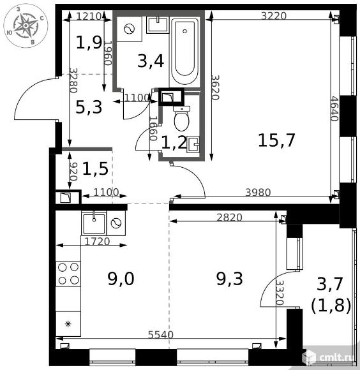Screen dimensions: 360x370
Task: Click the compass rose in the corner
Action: point(26,26)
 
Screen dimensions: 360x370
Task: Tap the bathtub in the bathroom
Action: point(184,52)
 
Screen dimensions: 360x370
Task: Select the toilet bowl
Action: point(181,119)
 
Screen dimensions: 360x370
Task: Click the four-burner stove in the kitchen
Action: point(68,274)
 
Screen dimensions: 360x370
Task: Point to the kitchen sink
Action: point(94,223)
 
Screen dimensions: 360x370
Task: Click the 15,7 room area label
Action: point(276,140)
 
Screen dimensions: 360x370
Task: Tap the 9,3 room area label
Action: point(229,279)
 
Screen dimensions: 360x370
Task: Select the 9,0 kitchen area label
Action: point(121,279)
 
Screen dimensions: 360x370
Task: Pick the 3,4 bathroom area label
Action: point(151,61)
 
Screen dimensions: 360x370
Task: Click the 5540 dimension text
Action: point(160,335)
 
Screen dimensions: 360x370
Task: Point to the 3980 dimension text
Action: point(258,193)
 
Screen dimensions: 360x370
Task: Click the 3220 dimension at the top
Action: point(274,16)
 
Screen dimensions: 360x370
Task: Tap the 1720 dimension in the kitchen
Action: point(97,241)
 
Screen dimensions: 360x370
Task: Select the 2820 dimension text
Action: point(229,218)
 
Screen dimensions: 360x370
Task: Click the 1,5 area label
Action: point(95,169)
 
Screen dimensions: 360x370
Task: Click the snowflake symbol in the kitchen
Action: point(68,324)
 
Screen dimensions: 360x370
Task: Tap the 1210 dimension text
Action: point(89,16)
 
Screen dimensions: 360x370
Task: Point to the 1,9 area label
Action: point(89,43)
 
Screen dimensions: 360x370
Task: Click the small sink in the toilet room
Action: point(193,144)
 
